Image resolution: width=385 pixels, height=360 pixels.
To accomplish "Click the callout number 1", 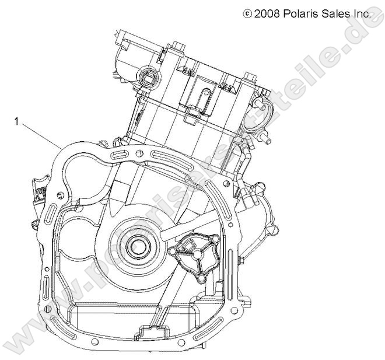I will [x=17, y=122].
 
